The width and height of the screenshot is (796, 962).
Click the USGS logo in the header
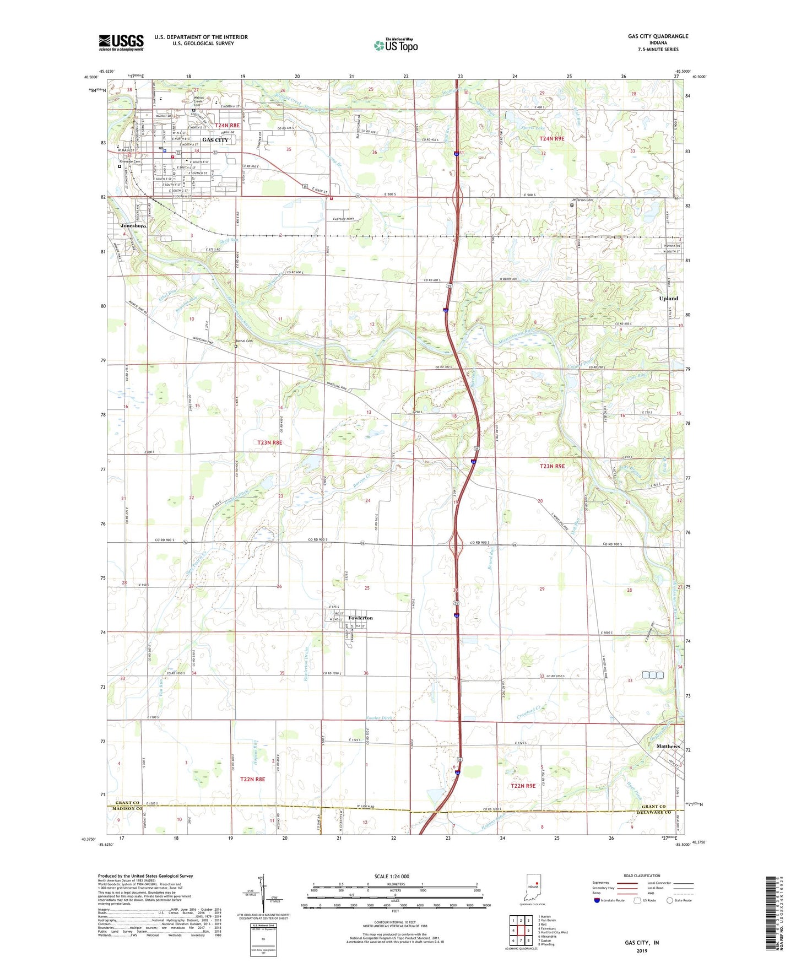point(121,42)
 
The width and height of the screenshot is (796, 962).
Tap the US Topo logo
point(396,45)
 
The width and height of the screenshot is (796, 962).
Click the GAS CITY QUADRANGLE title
point(658,36)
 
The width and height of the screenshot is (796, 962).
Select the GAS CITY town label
point(215,140)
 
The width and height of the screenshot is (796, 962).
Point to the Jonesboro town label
point(134,226)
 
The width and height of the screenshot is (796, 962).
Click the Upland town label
point(669,299)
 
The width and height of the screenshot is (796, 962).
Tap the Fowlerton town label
point(360,618)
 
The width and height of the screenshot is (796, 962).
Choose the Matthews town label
point(668,747)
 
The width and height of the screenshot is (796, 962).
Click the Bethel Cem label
point(244,341)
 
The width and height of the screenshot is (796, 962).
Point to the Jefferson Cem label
point(582,200)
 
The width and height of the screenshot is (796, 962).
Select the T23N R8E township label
point(270,442)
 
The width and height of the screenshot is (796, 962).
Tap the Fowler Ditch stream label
point(381,718)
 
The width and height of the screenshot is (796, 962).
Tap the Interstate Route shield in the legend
point(597,900)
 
